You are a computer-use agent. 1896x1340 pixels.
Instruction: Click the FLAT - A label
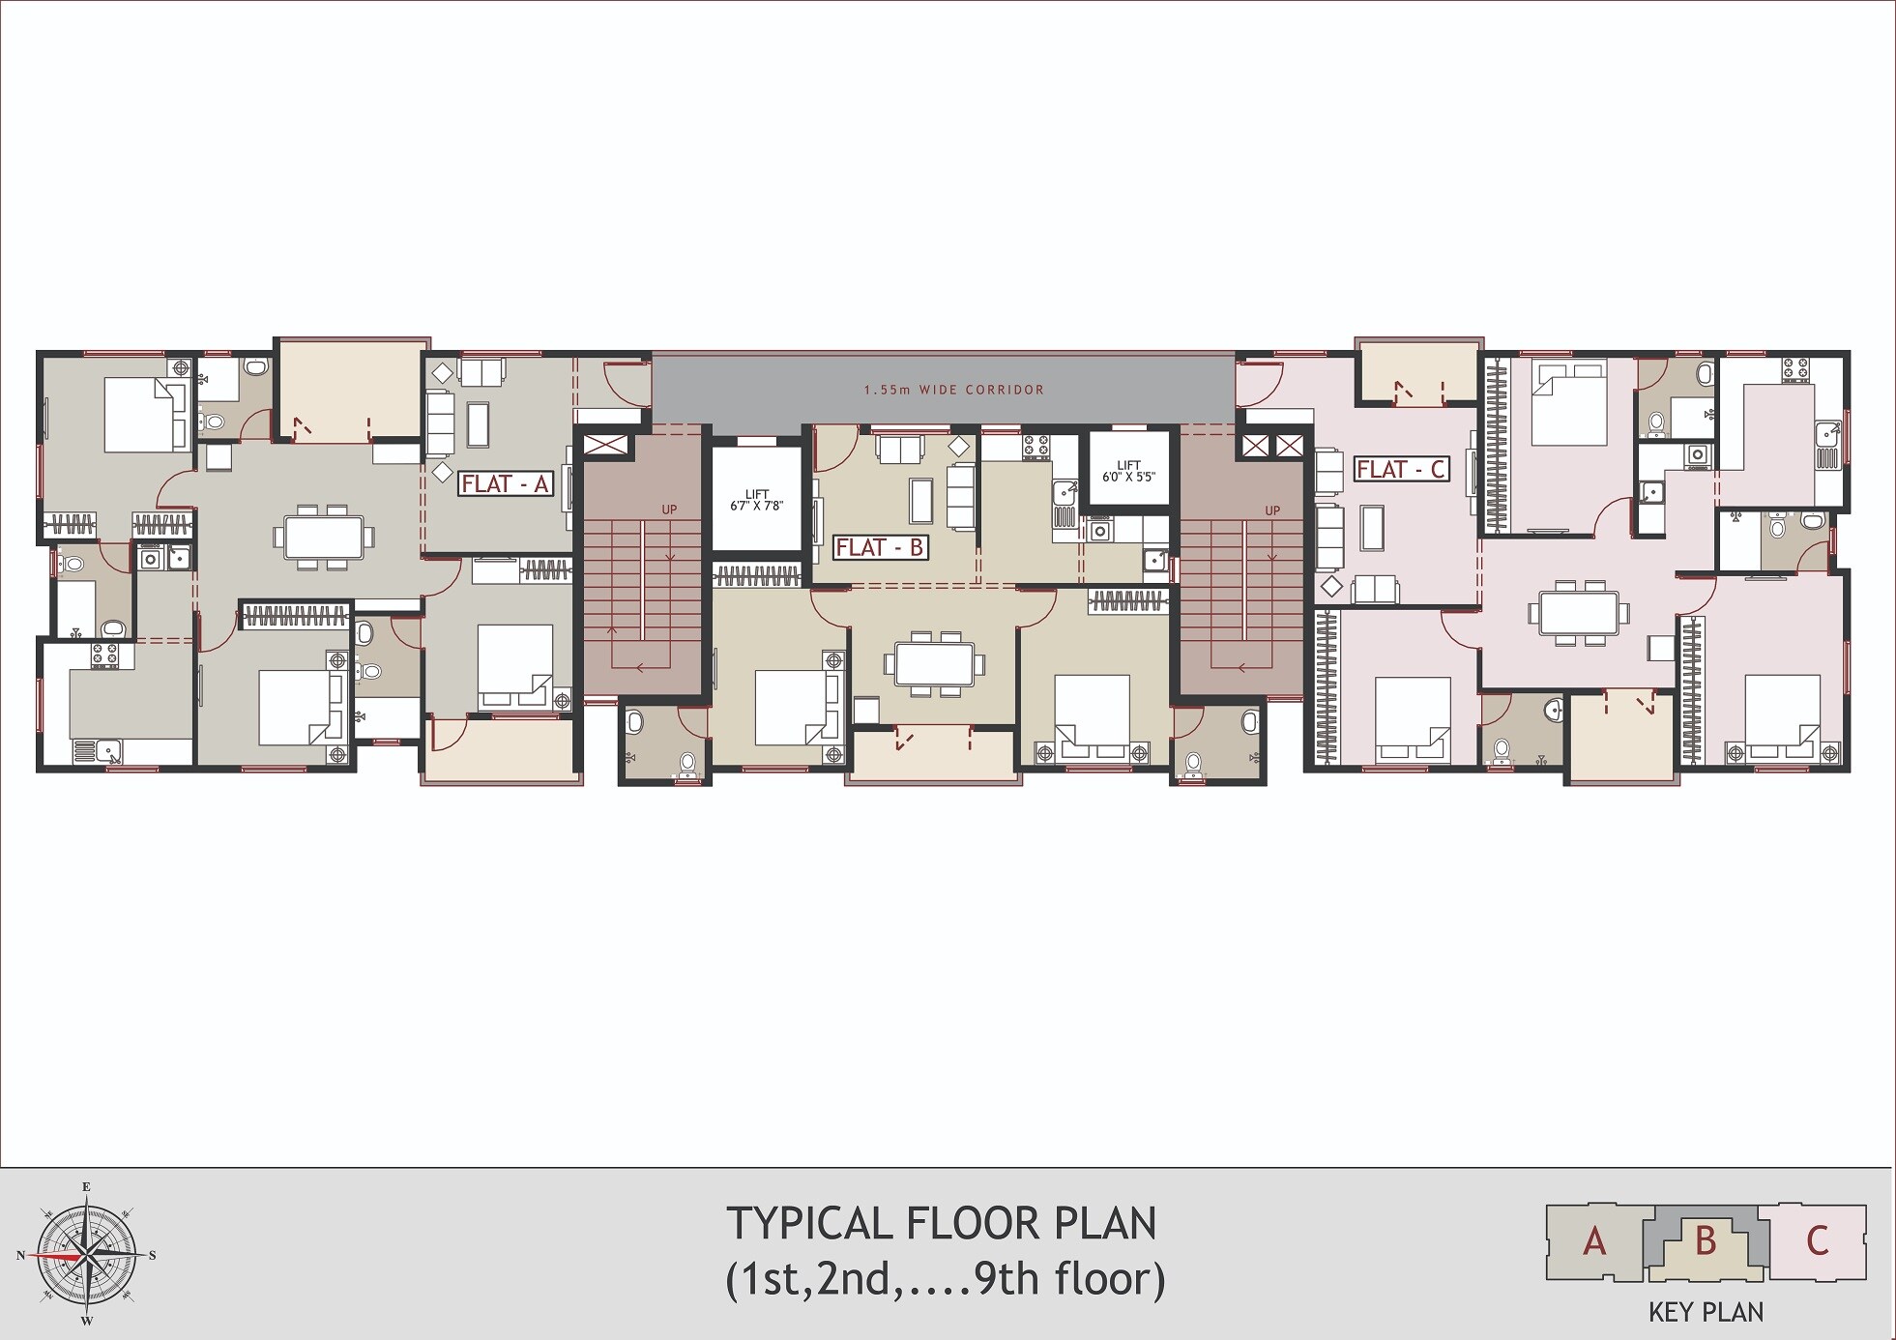pyautogui.click(x=505, y=483)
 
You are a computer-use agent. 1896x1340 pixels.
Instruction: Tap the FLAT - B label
pyautogui.click(x=880, y=547)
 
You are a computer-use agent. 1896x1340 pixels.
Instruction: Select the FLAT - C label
pyautogui.click(x=1401, y=469)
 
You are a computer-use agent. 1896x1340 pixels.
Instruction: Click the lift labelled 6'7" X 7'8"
pyautogui.click(x=757, y=499)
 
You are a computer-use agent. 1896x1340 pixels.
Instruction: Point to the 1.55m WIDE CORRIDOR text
pyautogui.click(x=954, y=390)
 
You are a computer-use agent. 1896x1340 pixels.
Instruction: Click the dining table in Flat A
pyautogui.click(x=324, y=537)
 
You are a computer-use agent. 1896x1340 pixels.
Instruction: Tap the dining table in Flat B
pyautogui.click(x=934, y=663)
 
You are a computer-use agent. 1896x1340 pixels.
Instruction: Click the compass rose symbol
pyautogui.click(x=87, y=1255)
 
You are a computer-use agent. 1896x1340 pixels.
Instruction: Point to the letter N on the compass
pyautogui.click(x=20, y=1256)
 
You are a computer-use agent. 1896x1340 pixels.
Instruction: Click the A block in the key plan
pyautogui.click(x=1595, y=1241)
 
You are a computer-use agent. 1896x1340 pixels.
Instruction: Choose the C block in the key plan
pyautogui.click(x=1817, y=1241)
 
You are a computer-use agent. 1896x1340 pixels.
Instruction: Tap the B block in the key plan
pyautogui.click(x=1706, y=1241)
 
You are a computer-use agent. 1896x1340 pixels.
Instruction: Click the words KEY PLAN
pyautogui.click(x=1706, y=1312)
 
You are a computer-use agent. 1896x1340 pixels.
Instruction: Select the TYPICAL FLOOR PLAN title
pyautogui.click(x=942, y=1224)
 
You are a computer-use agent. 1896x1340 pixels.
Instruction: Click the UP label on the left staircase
pyautogui.click(x=669, y=510)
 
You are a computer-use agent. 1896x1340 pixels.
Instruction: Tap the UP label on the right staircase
pyautogui.click(x=1271, y=510)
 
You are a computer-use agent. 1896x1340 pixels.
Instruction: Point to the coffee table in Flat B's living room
pyautogui.click(x=919, y=499)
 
